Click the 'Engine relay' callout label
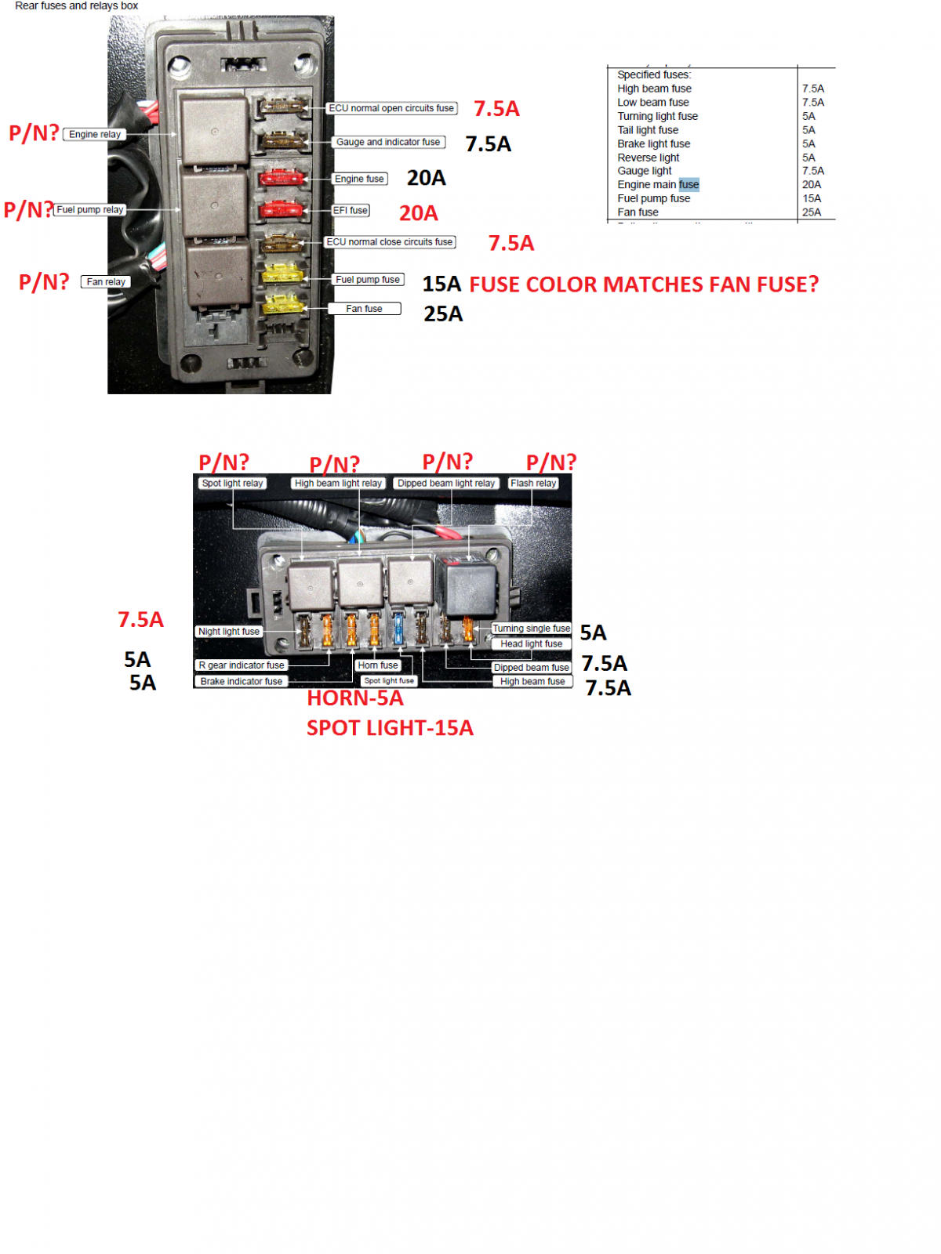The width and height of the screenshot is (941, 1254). point(94,134)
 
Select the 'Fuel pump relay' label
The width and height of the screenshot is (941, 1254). point(89,209)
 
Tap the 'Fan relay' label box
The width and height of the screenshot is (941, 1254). point(106,281)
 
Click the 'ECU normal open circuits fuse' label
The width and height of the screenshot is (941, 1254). point(391,108)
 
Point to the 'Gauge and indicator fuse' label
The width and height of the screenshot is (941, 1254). point(388,142)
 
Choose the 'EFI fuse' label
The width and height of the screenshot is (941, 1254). point(351,210)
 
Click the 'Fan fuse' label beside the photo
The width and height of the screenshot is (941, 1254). point(364,308)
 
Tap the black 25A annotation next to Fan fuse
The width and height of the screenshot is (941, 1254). point(443,313)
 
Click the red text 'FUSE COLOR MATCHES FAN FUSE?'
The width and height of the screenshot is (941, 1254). point(643,284)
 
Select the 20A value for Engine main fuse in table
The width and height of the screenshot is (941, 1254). point(811,184)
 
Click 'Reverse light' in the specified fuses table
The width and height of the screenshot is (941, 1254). point(648,157)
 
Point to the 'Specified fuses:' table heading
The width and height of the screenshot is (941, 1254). point(654,74)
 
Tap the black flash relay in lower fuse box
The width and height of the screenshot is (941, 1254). point(467,587)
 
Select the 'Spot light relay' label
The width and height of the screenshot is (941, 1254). point(232,482)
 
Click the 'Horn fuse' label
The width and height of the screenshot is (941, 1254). point(378,665)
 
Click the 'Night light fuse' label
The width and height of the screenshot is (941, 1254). point(228,631)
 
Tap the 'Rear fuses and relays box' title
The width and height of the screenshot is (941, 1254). point(77,5)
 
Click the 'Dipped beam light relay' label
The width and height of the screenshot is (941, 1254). point(445,482)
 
